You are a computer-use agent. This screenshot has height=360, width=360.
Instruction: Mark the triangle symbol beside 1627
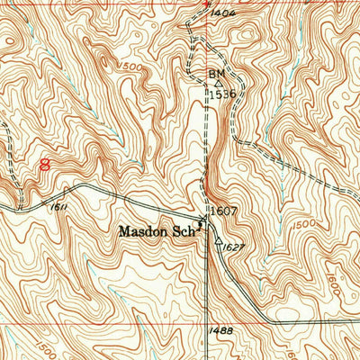[219, 240]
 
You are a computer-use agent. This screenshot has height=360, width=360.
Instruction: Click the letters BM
[216, 73]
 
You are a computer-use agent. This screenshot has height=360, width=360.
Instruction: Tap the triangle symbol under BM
[217, 83]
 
